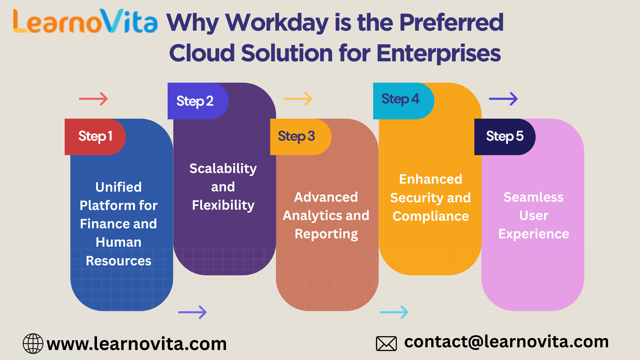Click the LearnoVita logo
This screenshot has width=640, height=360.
point(85,21)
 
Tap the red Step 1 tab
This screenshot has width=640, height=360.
point(95,137)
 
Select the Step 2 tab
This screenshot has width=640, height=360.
point(198,101)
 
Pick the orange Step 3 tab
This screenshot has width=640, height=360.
point(301,137)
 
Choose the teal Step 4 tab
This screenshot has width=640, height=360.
point(404,101)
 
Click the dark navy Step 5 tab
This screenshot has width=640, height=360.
point(505,137)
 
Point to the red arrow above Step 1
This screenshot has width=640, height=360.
point(93,99)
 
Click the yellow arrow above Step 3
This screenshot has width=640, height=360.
point(298,99)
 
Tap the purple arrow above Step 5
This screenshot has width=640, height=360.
point(503,99)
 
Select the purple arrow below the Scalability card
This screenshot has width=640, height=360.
point(192,312)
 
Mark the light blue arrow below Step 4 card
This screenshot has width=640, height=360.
point(394,312)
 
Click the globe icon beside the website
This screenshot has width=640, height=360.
point(33,343)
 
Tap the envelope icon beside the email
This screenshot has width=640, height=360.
point(386,344)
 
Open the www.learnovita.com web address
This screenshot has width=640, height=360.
point(137,344)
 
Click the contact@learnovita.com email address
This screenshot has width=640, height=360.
point(507,342)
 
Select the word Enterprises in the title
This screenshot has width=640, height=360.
point(439,53)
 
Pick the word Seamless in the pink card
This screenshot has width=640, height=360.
point(533,197)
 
